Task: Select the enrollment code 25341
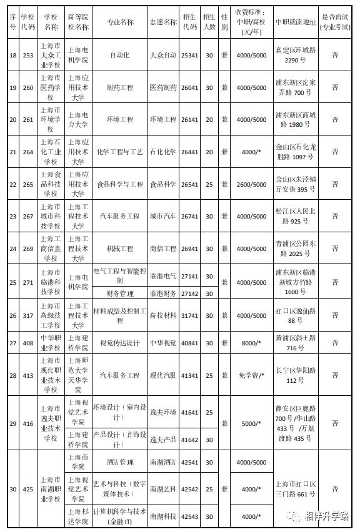tap(189, 56)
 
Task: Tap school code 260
tap(27, 87)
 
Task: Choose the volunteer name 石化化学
tap(163, 152)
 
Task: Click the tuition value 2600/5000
tap(251, 184)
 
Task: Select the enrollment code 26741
tap(189, 216)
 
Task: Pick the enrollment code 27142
tap(189, 292)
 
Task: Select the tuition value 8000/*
tap(251, 343)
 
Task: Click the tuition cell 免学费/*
tap(251, 375)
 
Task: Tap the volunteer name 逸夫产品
tap(163, 440)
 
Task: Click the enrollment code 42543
tap(189, 516)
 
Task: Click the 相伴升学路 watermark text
tap(326, 516)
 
